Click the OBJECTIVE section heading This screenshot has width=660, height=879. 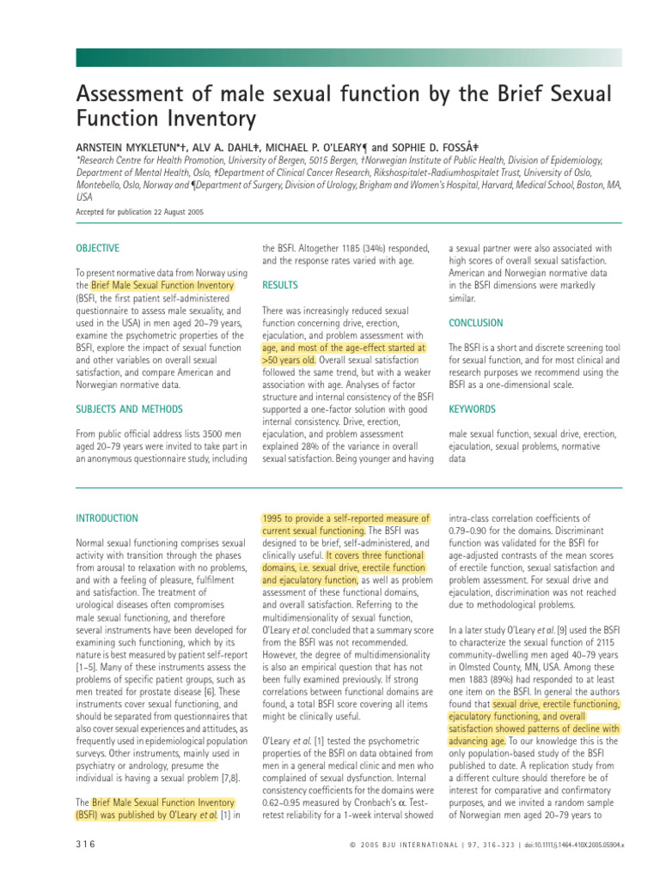pos(97,248)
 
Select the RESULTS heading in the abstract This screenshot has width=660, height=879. pos(281,284)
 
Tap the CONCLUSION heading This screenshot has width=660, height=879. pos(475,323)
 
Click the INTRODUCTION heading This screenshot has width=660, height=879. pos(107,518)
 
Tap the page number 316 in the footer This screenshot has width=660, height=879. pos(86,845)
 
